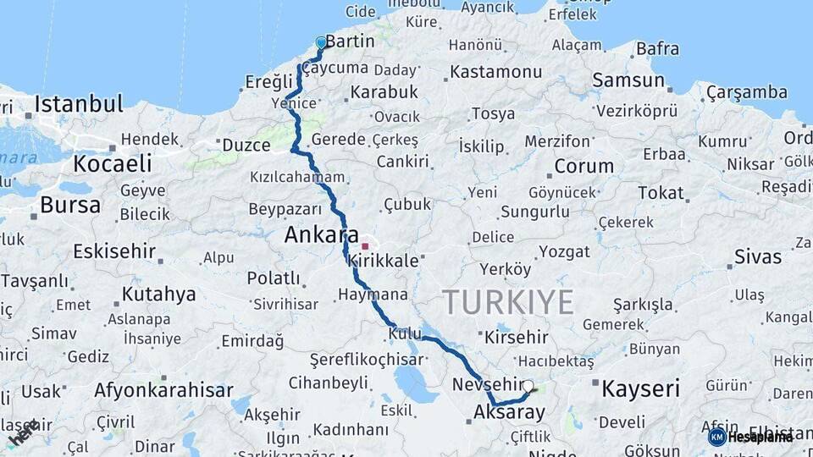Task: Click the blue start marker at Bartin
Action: (x=321, y=42)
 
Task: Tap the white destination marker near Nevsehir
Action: (x=528, y=387)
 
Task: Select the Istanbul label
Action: (x=79, y=105)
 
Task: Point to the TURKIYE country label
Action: (x=508, y=302)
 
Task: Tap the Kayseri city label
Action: (x=640, y=389)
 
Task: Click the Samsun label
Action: (x=628, y=80)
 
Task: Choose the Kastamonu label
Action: (x=496, y=72)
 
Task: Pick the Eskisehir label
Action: (x=114, y=251)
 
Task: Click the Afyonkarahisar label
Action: (x=163, y=391)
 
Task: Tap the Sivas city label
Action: (x=757, y=256)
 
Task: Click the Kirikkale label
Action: (x=384, y=261)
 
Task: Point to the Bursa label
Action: (x=70, y=205)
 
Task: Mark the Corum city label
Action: (x=583, y=166)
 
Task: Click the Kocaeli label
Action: (x=113, y=163)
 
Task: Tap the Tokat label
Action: (x=661, y=193)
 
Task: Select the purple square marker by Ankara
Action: (x=365, y=246)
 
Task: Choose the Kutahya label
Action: (x=158, y=295)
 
